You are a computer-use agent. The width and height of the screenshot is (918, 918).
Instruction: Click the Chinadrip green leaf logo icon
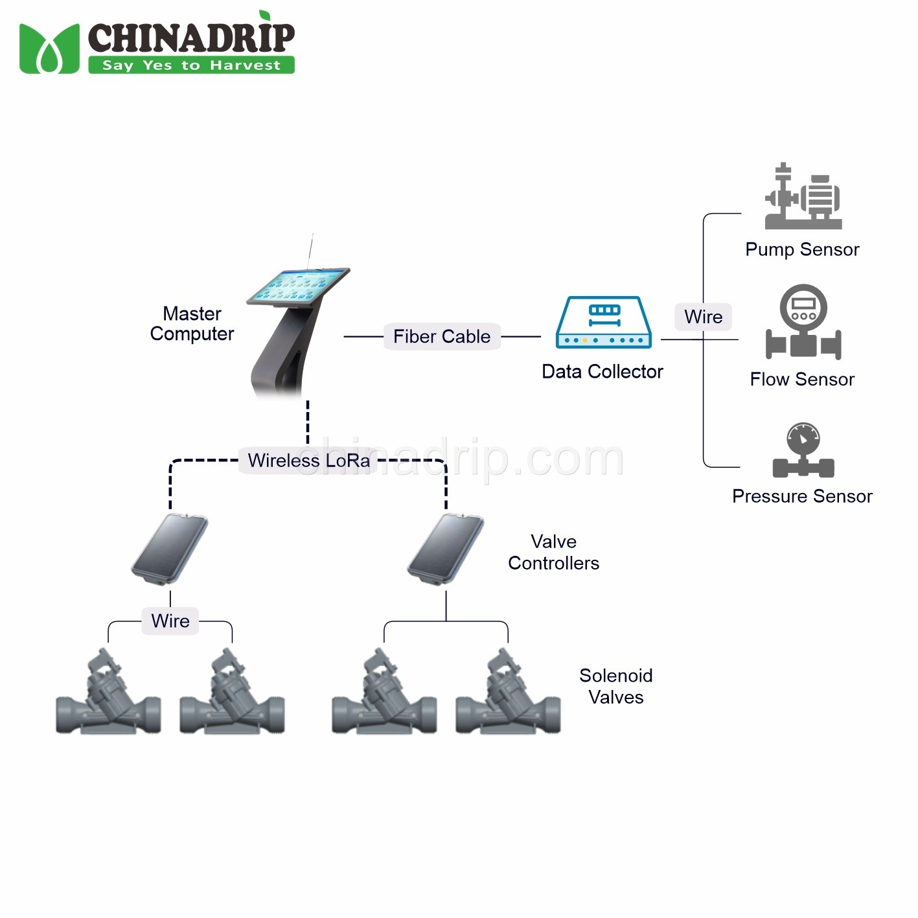tap(49, 49)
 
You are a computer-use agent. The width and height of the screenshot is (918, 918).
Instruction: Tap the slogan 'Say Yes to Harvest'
tap(191, 65)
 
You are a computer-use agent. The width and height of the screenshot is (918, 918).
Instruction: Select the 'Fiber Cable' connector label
tap(442, 337)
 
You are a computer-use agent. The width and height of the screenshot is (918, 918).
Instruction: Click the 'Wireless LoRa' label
tap(308, 461)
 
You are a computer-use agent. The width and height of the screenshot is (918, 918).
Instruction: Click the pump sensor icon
tap(803, 197)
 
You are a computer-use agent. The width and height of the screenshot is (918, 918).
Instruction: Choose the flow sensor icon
tap(803, 322)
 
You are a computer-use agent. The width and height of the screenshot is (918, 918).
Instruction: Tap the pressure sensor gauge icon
tap(803, 451)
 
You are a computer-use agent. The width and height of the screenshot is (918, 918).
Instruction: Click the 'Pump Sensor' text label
tap(802, 249)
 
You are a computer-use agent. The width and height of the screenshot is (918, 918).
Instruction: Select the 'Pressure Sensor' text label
tap(802, 496)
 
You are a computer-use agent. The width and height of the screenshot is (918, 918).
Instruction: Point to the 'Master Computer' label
tap(192, 324)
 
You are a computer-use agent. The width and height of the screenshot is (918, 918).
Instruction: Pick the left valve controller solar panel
tap(170, 548)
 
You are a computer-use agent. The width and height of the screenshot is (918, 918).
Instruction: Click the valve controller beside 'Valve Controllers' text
tap(446, 548)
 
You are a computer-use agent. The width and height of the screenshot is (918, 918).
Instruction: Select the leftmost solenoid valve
tap(108, 696)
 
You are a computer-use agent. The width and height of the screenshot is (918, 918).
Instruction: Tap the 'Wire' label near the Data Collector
tap(703, 317)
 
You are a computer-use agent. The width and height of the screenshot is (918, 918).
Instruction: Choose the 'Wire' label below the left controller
tap(170, 621)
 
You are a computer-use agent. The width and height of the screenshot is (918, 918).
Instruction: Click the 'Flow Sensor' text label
tap(802, 379)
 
